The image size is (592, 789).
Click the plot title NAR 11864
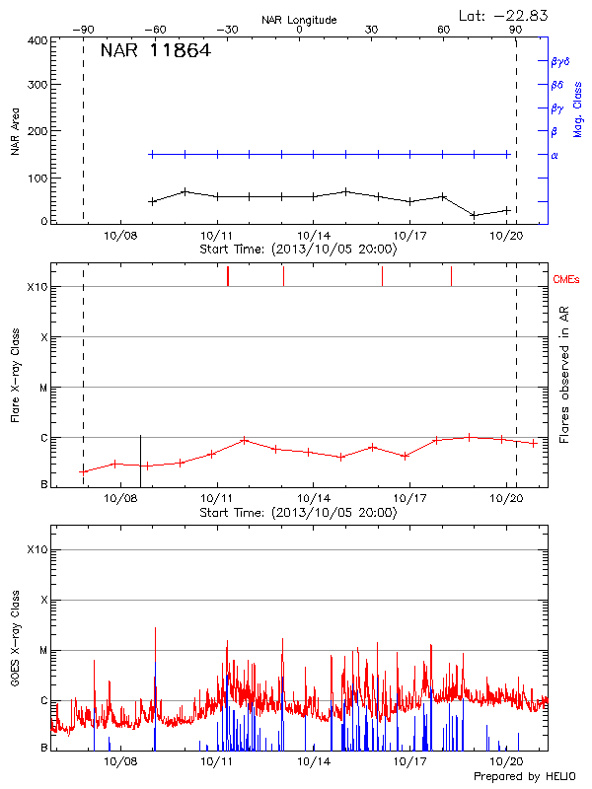point(155,51)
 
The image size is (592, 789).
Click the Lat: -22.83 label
point(505,14)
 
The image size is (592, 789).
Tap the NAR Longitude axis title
point(300,20)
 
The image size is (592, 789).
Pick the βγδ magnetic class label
point(560,61)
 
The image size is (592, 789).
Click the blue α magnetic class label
point(554,155)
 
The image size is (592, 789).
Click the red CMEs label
point(567,279)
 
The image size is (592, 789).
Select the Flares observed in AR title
point(564,375)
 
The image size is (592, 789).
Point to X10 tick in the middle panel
point(37,287)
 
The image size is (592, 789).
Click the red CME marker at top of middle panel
point(228,276)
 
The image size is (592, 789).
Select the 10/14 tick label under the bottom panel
point(313,762)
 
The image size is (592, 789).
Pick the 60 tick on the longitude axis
point(443,30)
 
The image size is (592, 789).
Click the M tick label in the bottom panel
point(43,650)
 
